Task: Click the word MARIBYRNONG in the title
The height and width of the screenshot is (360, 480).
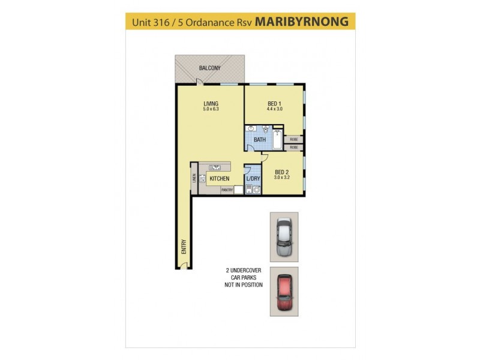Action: coord(301,22)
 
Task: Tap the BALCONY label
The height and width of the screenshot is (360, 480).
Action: coord(209,68)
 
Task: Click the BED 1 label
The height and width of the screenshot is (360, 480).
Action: coord(274,103)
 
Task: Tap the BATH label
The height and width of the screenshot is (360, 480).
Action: coord(259,140)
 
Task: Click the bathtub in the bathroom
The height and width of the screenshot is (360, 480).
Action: coord(277,138)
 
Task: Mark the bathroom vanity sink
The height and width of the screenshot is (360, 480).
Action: coord(251,129)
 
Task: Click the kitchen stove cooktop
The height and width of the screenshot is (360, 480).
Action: coord(202,178)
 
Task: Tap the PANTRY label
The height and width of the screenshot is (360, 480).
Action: coord(227,190)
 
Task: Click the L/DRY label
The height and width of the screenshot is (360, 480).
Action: coord(253,179)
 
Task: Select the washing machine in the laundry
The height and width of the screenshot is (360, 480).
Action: coord(257,191)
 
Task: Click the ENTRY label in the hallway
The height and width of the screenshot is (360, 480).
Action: coord(184,247)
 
